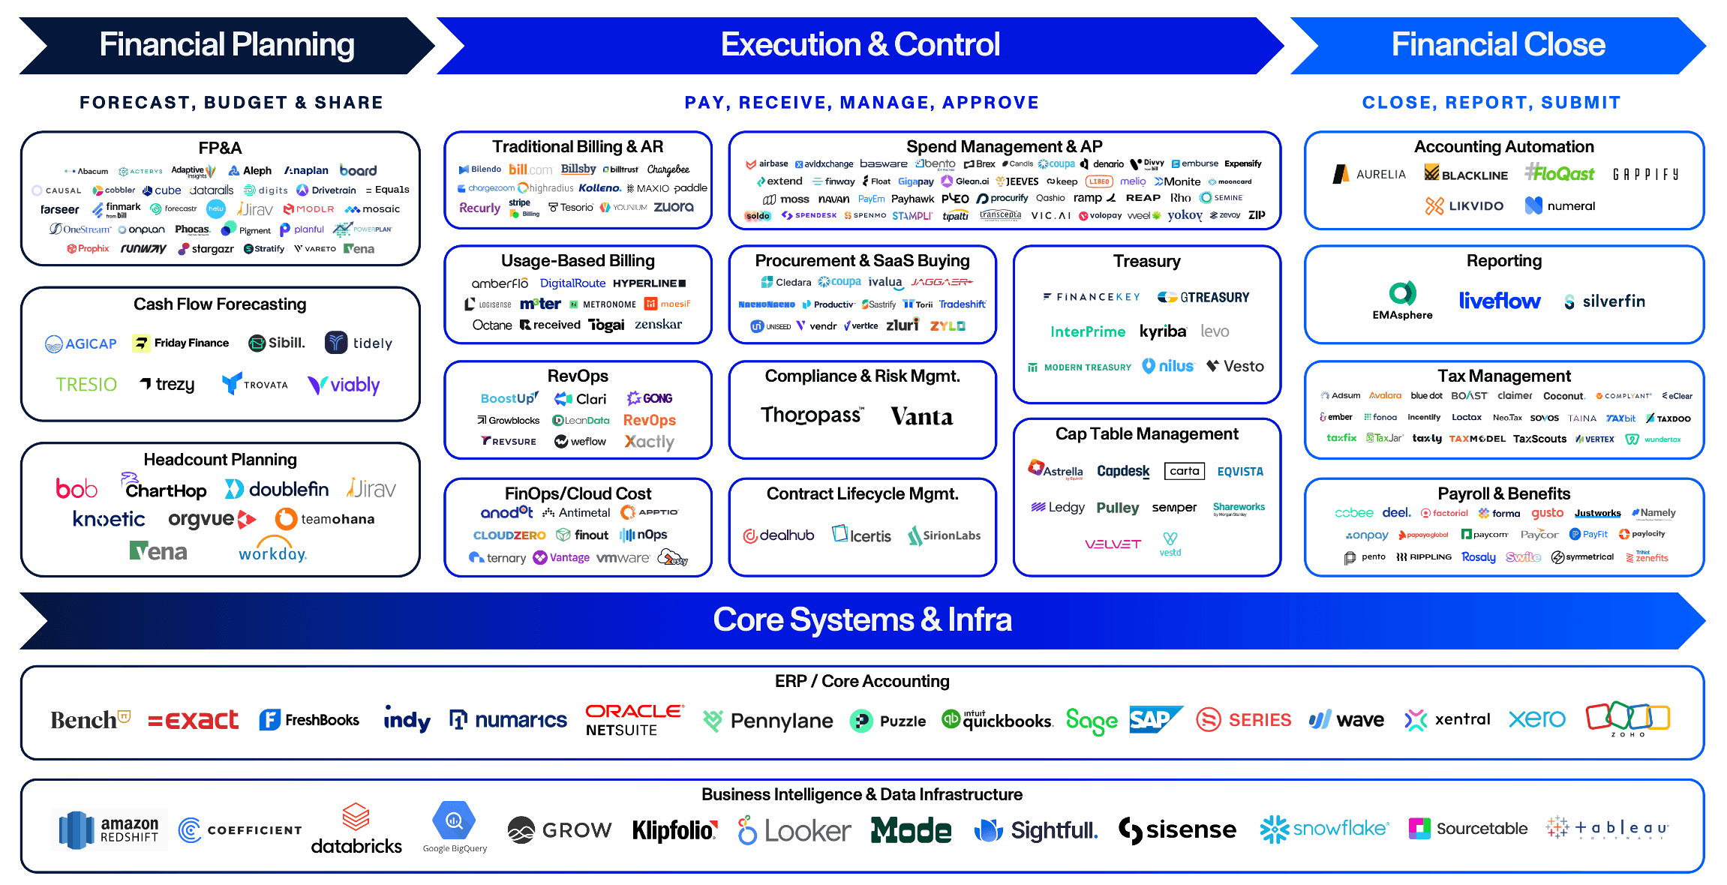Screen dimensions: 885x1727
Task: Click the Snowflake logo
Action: (1324, 829)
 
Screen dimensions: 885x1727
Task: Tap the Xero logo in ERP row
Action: (1536, 719)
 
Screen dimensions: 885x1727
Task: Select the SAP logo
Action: (1155, 719)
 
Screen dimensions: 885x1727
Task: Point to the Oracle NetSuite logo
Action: (634, 719)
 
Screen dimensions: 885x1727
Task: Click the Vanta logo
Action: (921, 416)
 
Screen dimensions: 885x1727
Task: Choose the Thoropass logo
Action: (812, 415)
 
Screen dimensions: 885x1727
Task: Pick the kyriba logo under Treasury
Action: (1162, 331)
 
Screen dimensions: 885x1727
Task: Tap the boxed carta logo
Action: (1184, 471)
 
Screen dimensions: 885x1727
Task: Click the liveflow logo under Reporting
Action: (1499, 301)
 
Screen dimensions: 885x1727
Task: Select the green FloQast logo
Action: (1559, 174)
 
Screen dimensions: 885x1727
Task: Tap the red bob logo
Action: (77, 489)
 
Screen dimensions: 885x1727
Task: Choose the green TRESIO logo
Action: (86, 385)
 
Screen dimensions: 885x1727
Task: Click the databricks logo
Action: (356, 829)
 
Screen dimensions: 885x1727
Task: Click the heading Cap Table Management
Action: (1146, 434)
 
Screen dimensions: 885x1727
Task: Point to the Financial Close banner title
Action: (1497, 45)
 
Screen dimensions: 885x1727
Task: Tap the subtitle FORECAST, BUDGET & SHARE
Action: (231, 103)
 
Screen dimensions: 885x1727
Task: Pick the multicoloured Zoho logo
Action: (1627, 719)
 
